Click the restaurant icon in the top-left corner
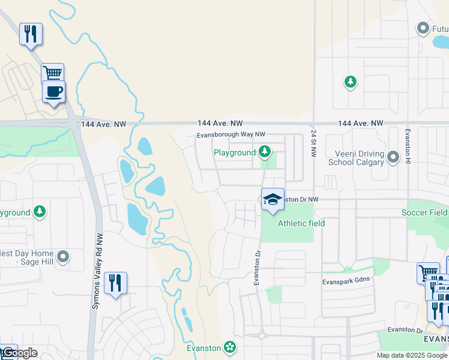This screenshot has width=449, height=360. coord(31,34)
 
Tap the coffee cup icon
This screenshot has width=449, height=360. coord(53,92)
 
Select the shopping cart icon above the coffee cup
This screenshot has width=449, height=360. coord(52,74)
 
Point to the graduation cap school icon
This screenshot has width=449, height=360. coord(273,199)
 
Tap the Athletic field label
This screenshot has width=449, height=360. coord(301,223)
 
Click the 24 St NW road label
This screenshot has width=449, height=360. coord(313,142)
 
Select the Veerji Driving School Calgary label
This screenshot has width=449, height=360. coord(356,158)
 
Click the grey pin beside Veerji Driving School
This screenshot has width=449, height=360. coord(393,157)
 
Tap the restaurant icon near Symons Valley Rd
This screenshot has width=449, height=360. coord(115,283)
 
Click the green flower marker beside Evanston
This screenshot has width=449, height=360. coord(229,347)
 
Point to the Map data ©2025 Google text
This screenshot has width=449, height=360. coord(411,355)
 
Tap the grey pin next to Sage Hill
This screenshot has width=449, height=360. coord(63,257)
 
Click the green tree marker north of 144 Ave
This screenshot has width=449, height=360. coord(351,82)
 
